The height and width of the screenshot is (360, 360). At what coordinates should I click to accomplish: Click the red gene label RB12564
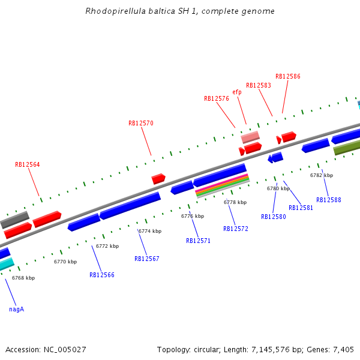[28, 164]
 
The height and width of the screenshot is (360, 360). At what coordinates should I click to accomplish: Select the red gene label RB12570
[141, 123]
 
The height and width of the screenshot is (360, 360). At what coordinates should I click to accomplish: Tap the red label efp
[237, 92]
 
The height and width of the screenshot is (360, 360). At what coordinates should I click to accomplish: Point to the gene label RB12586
[288, 76]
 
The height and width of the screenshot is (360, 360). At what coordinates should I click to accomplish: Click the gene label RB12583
[259, 85]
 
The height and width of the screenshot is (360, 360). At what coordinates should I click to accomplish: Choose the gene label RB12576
[217, 98]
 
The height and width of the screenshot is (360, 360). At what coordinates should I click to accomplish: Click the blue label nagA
[16, 310]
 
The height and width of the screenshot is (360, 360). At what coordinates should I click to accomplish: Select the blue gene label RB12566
[102, 275]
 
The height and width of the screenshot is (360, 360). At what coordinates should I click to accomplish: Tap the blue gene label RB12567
[147, 259]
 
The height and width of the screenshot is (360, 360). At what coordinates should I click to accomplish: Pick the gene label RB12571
[198, 241]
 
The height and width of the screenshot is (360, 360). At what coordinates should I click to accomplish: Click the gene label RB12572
[236, 229]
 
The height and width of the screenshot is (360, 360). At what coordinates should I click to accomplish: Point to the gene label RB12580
[274, 217]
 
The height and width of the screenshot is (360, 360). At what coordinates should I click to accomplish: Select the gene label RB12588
[329, 200]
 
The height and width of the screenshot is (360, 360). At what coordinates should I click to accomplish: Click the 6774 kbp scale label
[150, 231]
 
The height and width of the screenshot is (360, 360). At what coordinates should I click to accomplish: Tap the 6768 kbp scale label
[23, 278]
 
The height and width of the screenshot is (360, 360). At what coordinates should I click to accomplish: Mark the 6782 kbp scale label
[322, 175]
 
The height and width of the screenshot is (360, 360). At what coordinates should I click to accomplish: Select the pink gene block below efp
[250, 137]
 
